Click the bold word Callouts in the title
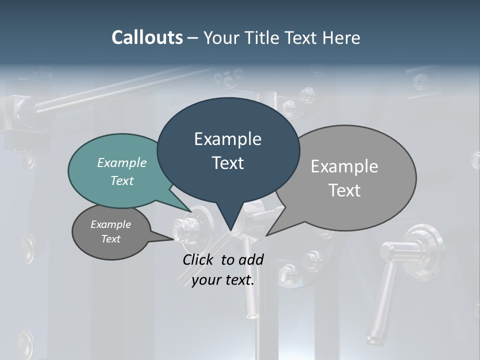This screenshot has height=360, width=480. point(147,37)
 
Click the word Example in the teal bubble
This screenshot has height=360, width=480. point(122,162)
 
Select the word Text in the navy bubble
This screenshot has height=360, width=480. point(228,163)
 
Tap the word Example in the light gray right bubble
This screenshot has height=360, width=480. point(344,166)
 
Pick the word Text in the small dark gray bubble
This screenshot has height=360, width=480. point(111,239)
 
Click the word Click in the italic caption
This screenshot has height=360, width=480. point(199,259)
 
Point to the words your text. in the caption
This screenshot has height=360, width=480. point(223,280)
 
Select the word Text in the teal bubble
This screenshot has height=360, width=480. point(122,180)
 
